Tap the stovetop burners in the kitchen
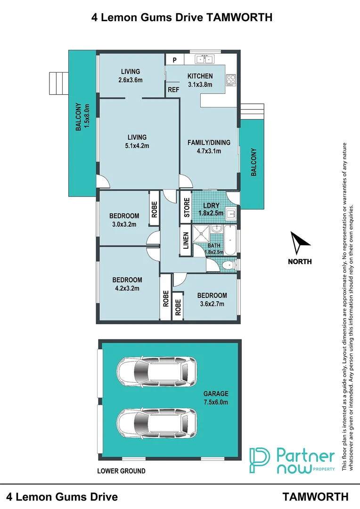231,80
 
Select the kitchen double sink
204,59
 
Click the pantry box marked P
175,60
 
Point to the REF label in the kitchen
173,90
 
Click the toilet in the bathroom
230,265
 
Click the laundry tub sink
231,214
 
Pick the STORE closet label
187,207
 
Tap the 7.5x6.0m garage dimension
216,402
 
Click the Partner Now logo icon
259,460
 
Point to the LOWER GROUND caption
121,471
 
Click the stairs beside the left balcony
59,83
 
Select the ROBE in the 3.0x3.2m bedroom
154,209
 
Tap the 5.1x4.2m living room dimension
137,146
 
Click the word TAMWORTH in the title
239,17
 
